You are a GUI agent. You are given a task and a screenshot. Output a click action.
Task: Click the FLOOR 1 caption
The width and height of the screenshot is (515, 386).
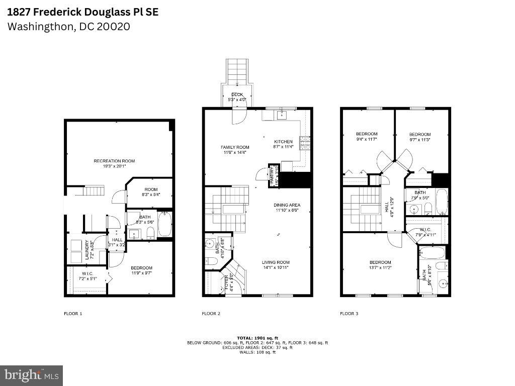coord(73,314)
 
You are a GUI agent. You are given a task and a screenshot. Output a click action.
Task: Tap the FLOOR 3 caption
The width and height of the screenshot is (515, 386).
coord(349,314)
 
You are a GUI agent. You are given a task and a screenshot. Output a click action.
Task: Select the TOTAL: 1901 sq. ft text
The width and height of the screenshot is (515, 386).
coord(257,338)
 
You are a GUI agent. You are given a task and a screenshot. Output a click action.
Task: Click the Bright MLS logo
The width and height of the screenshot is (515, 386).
coord(31,375)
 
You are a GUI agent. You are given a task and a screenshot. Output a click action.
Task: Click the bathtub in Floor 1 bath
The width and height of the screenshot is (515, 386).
coord(165,224)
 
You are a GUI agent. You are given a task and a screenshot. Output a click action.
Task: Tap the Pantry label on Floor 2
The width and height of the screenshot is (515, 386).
coord(272,175)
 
